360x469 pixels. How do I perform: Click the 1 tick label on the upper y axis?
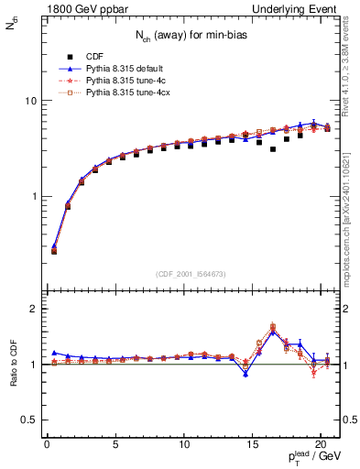[x=37, y=197]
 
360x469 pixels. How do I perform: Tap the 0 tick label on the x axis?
[x=47, y=446]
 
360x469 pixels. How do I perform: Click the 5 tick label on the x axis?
[x=115, y=446]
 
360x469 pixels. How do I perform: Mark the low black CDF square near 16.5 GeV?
[x=273, y=148]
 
